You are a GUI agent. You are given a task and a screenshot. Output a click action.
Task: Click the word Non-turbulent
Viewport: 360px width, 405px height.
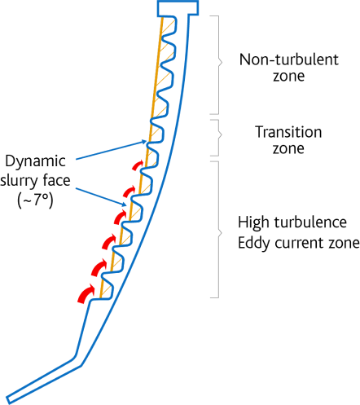(289, 59)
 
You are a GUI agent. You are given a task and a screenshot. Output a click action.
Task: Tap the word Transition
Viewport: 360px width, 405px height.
(288, 132)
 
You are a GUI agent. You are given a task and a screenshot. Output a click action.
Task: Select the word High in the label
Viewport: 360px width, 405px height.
(253, 222)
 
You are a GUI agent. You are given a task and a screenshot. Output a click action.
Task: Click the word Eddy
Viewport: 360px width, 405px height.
(254, 243)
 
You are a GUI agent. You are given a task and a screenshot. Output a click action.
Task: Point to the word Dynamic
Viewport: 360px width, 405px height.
(35, 161)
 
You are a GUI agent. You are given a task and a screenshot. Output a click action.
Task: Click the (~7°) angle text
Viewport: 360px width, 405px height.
(35, 200)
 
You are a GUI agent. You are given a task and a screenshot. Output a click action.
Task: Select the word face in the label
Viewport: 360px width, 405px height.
(57, 180)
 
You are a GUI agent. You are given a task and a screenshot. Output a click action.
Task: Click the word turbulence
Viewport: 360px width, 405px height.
(310, 222)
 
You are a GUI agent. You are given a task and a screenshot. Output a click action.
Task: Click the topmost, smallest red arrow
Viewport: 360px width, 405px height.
(138, 165)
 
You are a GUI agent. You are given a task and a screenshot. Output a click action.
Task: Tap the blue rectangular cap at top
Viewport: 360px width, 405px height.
(178, 8)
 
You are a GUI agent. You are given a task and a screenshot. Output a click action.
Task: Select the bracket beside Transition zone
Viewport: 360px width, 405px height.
(218, 138)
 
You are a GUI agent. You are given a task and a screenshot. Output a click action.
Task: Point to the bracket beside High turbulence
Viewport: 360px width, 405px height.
(219, 230)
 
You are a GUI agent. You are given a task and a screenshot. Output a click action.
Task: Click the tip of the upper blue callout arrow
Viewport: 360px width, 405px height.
(147, 141)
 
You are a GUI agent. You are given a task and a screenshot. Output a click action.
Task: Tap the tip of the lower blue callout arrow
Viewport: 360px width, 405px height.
(126, 205)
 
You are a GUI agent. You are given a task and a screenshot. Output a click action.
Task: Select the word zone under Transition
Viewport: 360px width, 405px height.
(288, 149)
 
